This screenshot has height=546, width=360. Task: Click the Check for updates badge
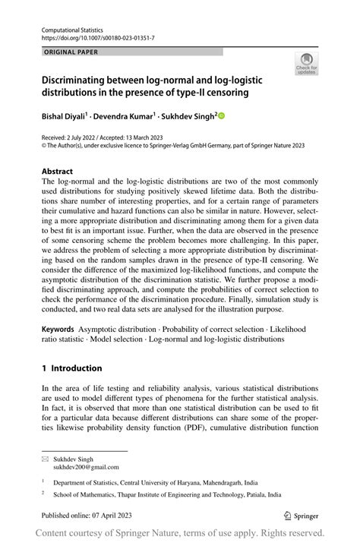coord(308,64)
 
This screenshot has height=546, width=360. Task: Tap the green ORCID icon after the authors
coord(222,116)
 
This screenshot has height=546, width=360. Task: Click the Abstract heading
coord(58,171)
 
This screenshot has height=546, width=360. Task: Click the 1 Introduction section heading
coord(72,368)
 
